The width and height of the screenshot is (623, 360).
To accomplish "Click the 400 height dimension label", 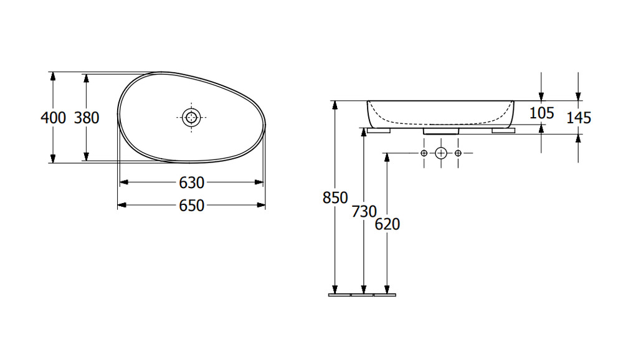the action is click(x=53, y=118).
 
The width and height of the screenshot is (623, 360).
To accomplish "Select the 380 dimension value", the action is click(x=87, y=118).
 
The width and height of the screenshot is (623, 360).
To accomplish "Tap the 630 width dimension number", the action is click(x=191, y=182).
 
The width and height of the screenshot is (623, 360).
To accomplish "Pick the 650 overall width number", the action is click(x=191, y=206).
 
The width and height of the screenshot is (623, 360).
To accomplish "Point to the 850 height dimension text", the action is click(x=335, y=197).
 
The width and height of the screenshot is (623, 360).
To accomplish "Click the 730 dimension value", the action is click(x=364, y=211).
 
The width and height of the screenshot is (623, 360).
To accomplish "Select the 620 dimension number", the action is click(x=388, y=224).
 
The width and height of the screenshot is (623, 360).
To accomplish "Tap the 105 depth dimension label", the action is click(x=541, y=113).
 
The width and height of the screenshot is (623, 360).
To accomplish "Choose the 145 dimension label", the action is click(x=579, y=118).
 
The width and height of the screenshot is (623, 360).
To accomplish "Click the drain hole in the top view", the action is click(x=191, y=117).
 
